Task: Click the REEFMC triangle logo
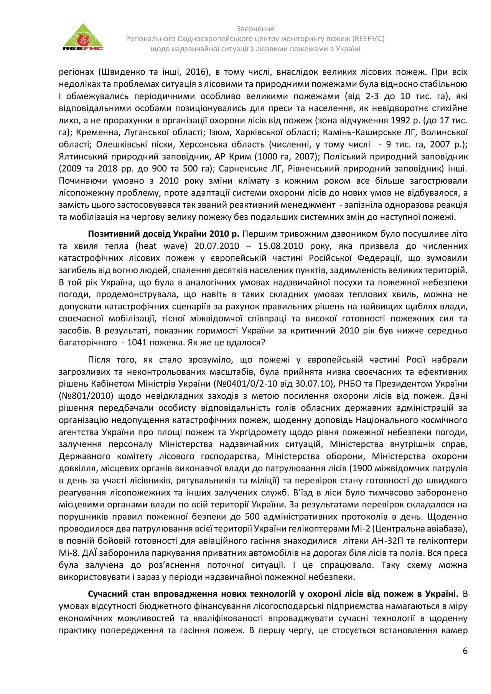tap(83, 38)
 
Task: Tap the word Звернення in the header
tap(255, 29)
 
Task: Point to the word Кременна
tap(93, 133)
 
